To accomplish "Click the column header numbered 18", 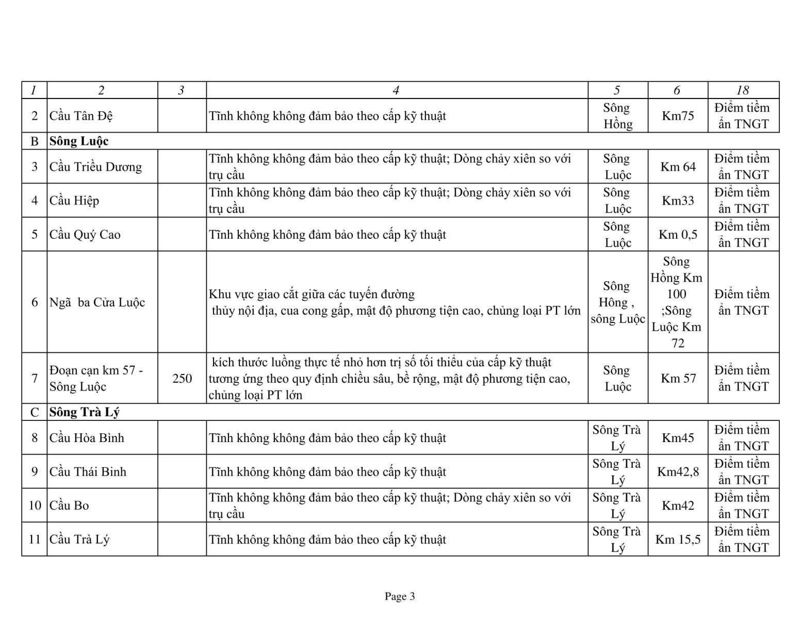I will (743, 90).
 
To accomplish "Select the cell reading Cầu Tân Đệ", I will (81, 116).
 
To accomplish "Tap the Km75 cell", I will (678, 116).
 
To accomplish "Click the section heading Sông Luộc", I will (79, 141).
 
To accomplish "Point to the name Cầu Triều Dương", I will (95, 167).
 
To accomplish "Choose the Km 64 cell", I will (678, 167).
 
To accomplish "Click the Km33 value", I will (678, 200).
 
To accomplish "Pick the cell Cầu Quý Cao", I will (85, 234).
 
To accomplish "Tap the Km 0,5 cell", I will (678, 234).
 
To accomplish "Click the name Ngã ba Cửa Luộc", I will (97, 302).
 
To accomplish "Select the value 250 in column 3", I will (182, 379).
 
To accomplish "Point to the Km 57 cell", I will (678, 379).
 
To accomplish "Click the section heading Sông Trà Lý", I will (85, 412).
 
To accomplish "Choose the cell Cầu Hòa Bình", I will (87, 438).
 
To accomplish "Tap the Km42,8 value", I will (678, 471).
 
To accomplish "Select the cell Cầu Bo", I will (69, 506).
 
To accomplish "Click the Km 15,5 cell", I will (678, 540).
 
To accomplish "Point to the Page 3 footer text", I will (400, 597).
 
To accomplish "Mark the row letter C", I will (35, 412).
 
